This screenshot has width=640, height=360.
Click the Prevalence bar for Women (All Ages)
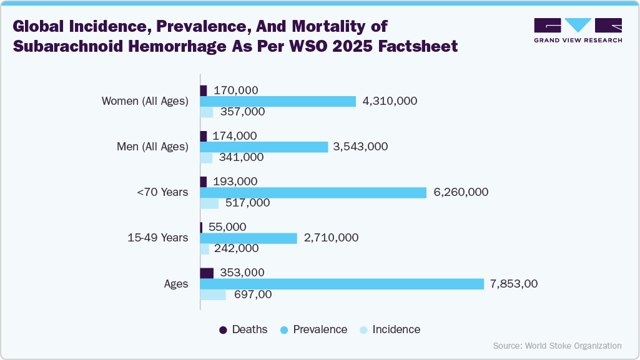pyautogui.click(x=278, y=101)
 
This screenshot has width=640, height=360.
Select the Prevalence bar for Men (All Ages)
pyautogui.click(x=263, y=147)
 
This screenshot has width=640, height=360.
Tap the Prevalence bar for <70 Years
pyautogui.click(x=313, y=192)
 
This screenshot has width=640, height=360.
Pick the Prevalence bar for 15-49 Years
pyautogui.click(x=249, y=238)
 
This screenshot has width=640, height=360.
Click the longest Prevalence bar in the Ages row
pyautogui.click(x=342, y=284)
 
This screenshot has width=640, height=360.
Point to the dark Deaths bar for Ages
pyautogui.click(x=207, y=273)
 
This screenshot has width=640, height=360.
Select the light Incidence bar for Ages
pyautogui.click(x=213, y=294)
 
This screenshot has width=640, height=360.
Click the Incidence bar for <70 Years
pyautogui.click(x=209, y=203)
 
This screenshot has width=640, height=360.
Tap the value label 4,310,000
pyautogui.click(x=390, y=101)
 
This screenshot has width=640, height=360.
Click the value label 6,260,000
pyautogui.click(x=461, y=192)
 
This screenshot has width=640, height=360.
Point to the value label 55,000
pyautogui.click(x=227, y=227)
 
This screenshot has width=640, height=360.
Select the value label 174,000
pyautogui.click(x=235, y=135)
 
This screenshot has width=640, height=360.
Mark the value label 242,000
pyautogui.click(x=236, y=248)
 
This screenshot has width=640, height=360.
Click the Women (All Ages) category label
pyautogui.click(x=145, y=101)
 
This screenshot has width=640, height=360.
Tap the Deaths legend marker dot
pyautogui.click(x=223, y=329)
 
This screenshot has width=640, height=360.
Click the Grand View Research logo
pyautogui.click(x=578, y=31)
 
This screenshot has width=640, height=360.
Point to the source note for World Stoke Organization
pyautogui.click(x=557, y=345)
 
